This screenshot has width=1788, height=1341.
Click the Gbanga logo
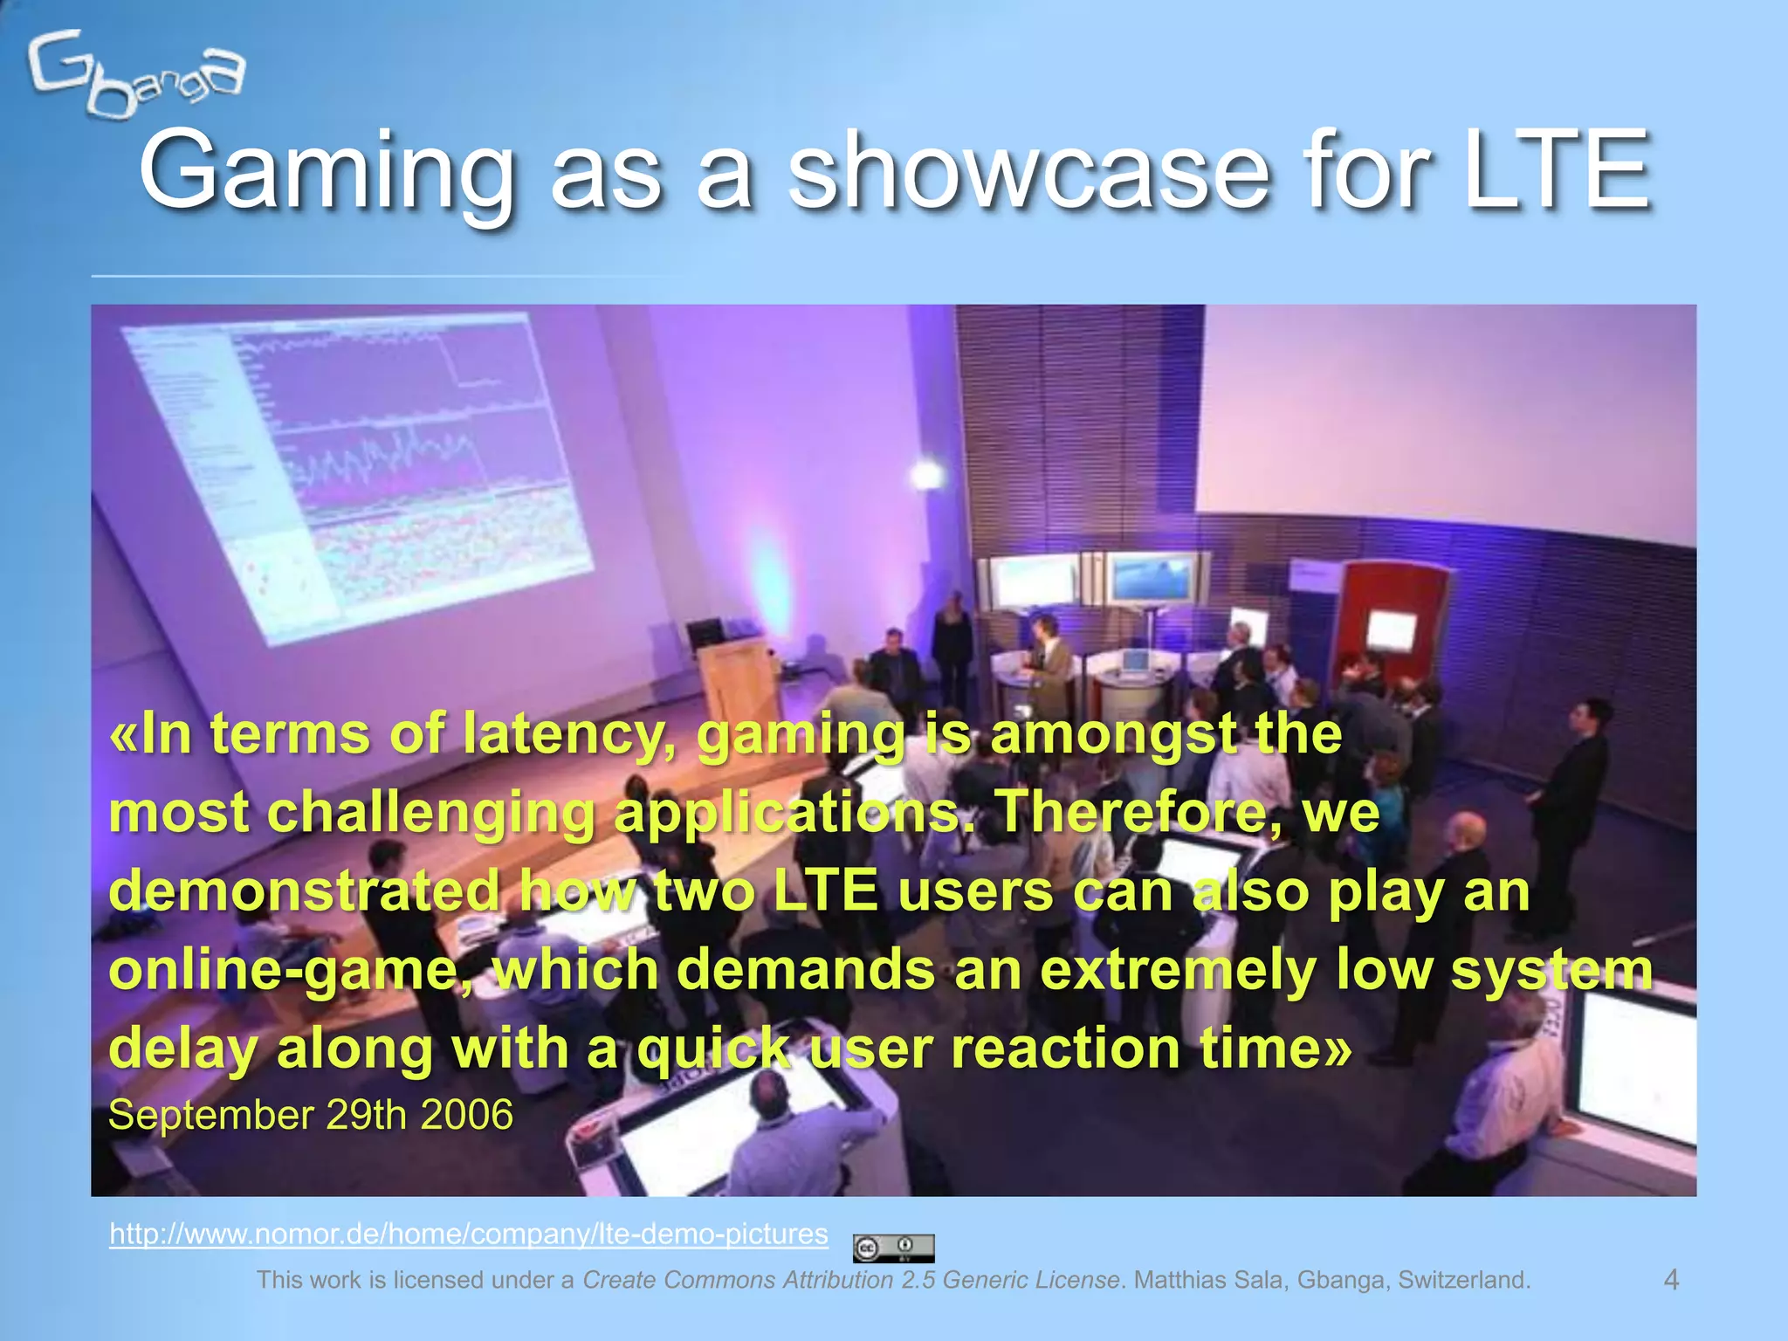pyautogui.click(x=135, y=74)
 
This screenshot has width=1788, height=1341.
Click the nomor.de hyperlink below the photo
pyautogui.click(x=468, y=1234)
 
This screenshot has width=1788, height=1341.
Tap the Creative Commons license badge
pyautogui.click(x=893, y=1248)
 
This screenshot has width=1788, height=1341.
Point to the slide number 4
pyautogui.click(x=1671, y=1280)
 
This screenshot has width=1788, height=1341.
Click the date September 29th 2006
pyautogui.click(x=310, y=1115)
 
